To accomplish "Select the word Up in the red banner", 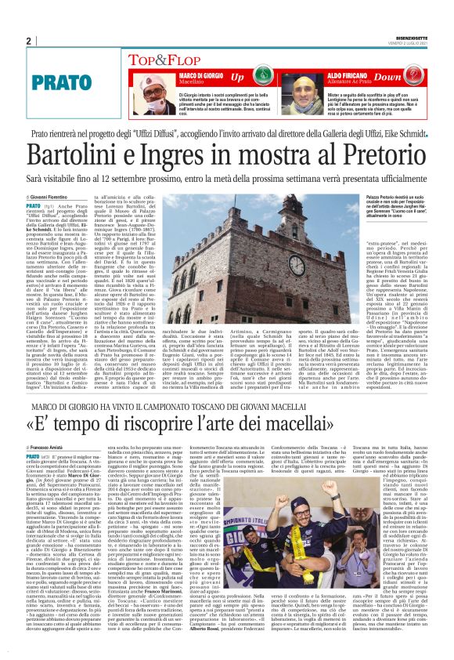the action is tap(237, 78).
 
